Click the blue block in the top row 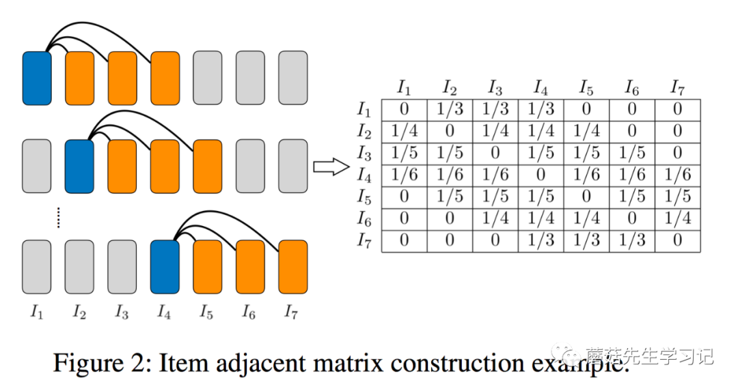click(x=37, y=78)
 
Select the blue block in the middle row click(x=79, y=167)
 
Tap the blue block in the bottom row click(x=165, y=267)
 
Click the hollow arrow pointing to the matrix click(x=331, y=167)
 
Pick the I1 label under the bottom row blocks click(x=37, y=313)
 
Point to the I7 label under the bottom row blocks click(x=292, y=313)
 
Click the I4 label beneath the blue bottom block click(x=164, y=313)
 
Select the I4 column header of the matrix click(x=541, y=87)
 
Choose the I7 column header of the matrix click(x=676, y=87)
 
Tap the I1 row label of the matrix click(x=364, y=109)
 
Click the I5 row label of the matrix click(x=364, y=197)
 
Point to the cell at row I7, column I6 click(x=632, y=241)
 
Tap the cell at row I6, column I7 click(x=677, y=219)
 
